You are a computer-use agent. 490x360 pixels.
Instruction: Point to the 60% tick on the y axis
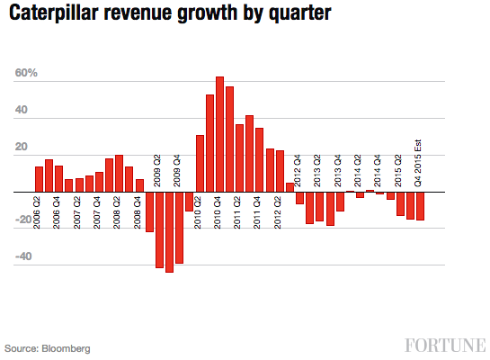point(25,73)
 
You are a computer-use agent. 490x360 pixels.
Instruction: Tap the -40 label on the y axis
point(25,256)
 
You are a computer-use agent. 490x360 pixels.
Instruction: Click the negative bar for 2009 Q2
point(159,229)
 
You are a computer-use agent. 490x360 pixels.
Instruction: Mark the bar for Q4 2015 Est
point(420,206)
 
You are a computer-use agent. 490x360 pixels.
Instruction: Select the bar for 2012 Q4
point(299,198)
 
